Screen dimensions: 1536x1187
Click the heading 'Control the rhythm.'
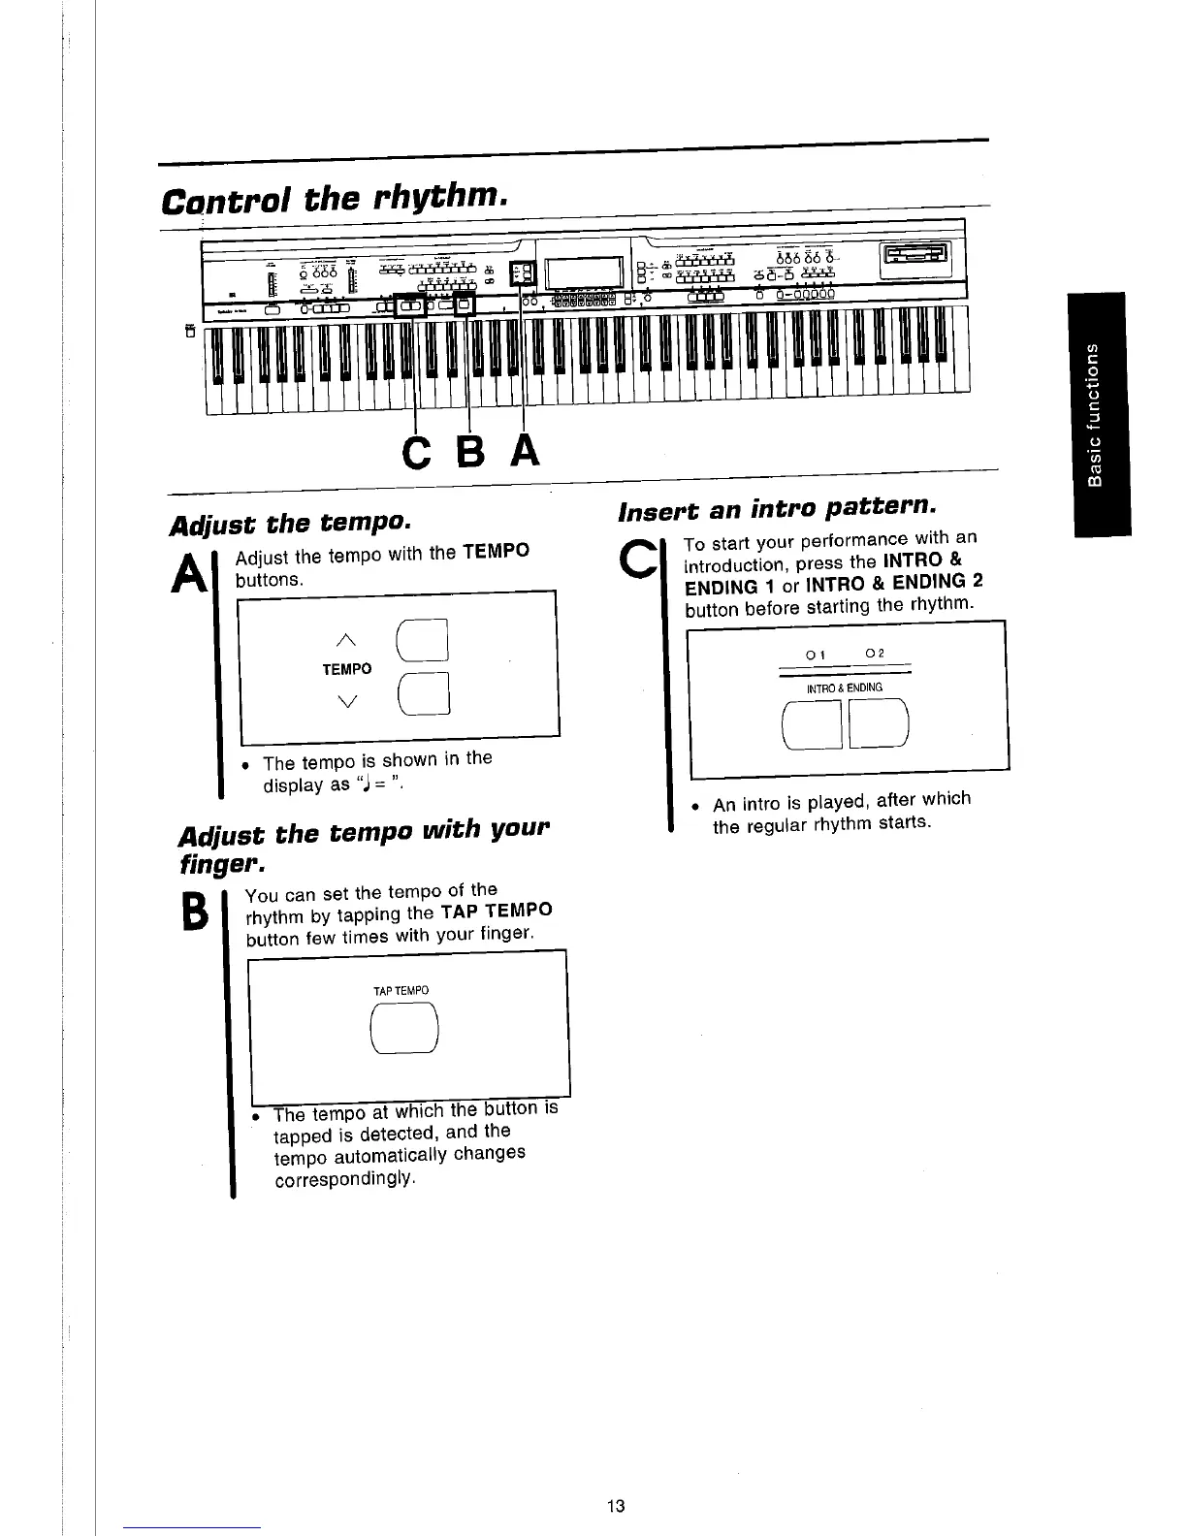(335, 201)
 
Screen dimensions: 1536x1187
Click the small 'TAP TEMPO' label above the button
(401, 991)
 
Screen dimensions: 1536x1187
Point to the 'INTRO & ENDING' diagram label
(845, 688)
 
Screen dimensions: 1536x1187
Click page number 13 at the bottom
(615, 1506)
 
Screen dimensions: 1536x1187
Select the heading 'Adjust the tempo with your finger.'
(364, 847)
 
